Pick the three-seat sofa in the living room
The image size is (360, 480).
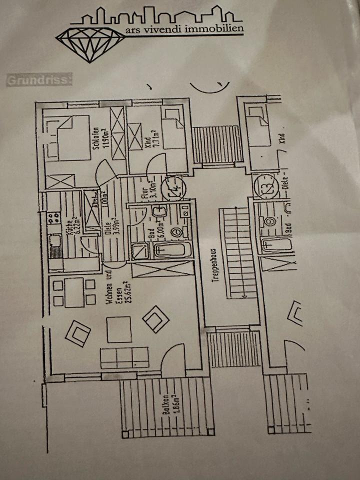(x=124, y=357)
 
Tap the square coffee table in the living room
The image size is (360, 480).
(x=119, y=329)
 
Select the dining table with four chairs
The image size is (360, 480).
(x=74, y=292)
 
